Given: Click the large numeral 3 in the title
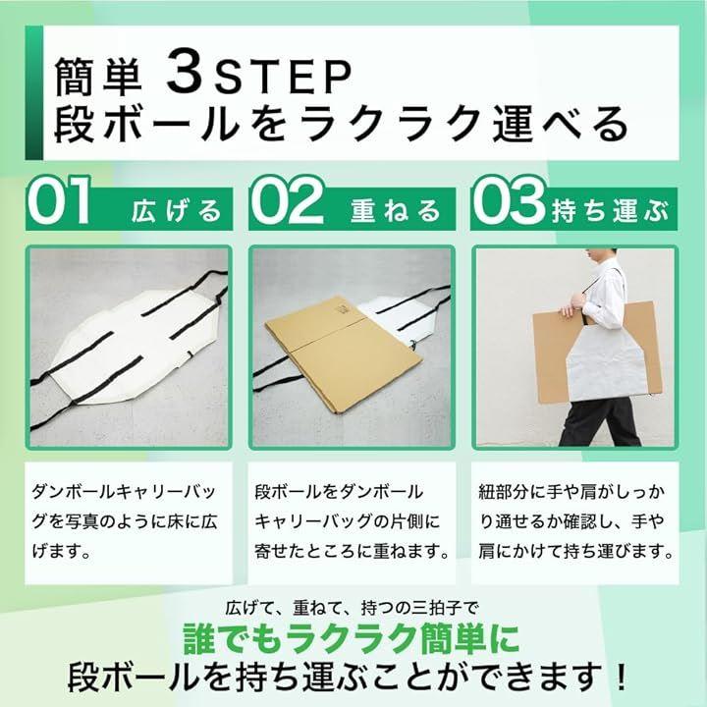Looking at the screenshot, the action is (186, 72).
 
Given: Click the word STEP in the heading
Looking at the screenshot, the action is (283, 78).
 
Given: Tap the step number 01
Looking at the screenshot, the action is (59, 199).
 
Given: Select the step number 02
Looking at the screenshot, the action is (288, 199).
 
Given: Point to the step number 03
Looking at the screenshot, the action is (510, 199).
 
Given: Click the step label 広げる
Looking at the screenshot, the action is (177, 211).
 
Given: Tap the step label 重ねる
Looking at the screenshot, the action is (396, 211).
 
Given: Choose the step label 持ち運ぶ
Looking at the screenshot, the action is (610, 211).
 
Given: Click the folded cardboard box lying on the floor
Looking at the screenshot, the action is (344, 353).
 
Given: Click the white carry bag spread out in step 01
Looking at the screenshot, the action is (131, 343).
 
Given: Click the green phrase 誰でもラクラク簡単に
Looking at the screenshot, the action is (352, 638).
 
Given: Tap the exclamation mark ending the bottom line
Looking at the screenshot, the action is (621, 676).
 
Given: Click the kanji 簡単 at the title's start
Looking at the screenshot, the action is (98, 77).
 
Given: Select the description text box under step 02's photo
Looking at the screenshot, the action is (352, 522).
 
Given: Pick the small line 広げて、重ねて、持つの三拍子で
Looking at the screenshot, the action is (352, 608).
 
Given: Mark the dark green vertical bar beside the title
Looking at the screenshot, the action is (34, 93).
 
